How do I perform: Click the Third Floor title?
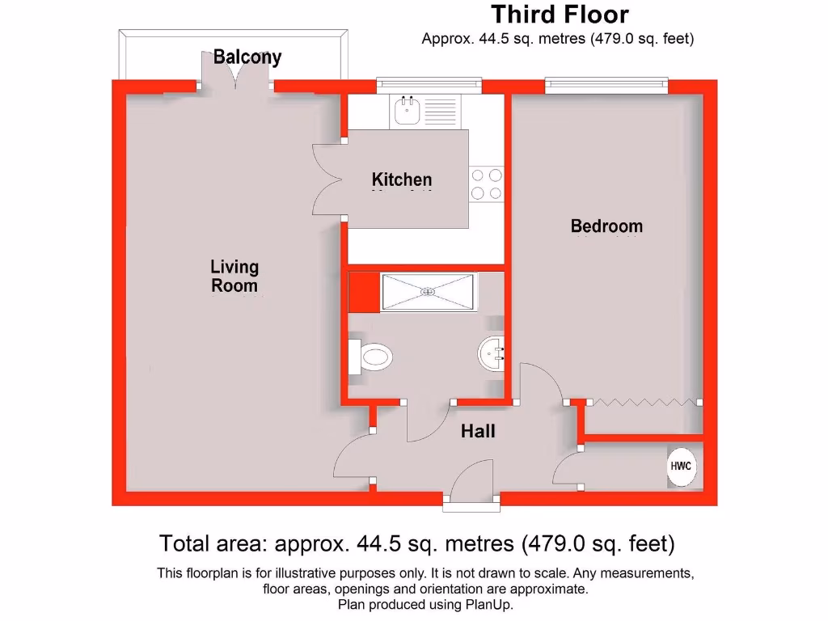(560, 15)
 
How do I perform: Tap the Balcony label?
(247, 57)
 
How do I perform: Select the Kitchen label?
(401, 180)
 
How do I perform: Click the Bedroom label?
(606, 226)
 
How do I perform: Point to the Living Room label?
(234, 276)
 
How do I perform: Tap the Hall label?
(478, 432)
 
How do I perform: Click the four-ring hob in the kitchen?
(486, 183)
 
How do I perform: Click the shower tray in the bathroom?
(427, 293)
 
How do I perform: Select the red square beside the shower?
(363, 293)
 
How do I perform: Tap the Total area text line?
(416, 543)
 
